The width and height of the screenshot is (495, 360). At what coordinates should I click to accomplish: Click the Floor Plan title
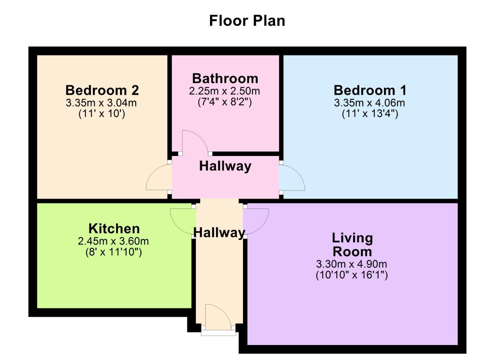coord(247,21)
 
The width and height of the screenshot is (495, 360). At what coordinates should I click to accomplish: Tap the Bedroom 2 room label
coord(102,90)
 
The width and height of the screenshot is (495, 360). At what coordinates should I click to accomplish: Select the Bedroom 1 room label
coord(370,90)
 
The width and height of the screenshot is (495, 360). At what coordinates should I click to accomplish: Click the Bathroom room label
coord(225,79)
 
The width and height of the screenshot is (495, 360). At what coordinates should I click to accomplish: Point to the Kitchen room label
coord(114,229)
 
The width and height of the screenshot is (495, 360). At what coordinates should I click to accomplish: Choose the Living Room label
coord(352,245)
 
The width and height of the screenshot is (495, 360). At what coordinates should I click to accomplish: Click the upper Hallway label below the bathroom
coord(225,166)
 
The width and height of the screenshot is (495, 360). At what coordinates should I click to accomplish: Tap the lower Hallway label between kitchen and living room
coord(219,232)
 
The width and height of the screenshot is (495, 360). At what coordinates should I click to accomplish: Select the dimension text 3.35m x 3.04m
coord(101,103)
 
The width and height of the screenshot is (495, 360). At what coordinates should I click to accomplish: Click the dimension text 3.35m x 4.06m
coord(369,103)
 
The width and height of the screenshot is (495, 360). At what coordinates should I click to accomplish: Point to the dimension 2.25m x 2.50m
coord(224,91)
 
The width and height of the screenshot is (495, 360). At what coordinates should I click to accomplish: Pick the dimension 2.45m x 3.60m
coord(113,241)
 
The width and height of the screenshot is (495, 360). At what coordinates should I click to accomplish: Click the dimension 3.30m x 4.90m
coord(351,264)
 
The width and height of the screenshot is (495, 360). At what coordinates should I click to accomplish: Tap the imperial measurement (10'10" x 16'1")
coord(352,275)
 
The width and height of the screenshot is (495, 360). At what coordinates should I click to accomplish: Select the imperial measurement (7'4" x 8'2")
coord(224,102)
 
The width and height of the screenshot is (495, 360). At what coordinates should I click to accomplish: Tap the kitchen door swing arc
coord(182,222)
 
